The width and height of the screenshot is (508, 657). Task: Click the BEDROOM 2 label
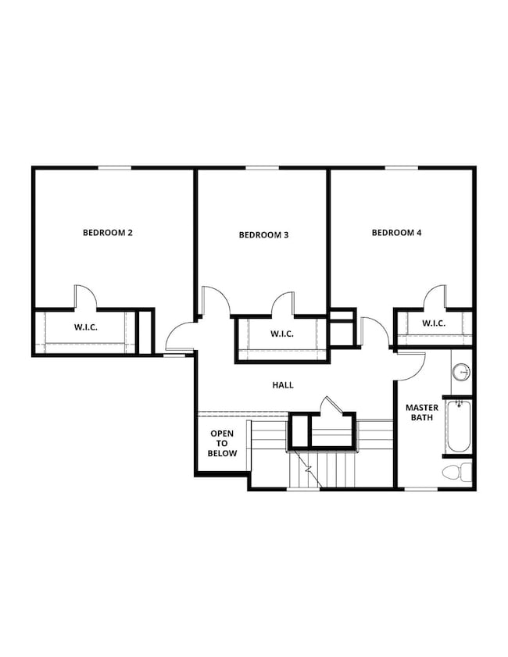pos(108,232)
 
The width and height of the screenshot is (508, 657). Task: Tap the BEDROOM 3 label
pos(263,234)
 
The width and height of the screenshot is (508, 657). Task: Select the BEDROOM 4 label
pos(396,232)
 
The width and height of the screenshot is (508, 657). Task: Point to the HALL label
pos(283,385)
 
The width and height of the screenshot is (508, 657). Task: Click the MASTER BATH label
pos(421,412)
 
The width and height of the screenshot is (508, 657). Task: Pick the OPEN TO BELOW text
pos(223,443)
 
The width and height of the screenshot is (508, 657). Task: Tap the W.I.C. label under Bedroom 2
pos(86,327)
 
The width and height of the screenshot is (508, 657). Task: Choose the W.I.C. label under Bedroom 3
pos(281,334)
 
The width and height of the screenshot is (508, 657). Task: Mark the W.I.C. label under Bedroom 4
pos(433,323)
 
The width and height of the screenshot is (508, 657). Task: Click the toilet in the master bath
pos(457,471)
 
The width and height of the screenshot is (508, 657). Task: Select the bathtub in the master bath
pos(459,427)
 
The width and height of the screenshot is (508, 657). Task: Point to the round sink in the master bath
pos(462,372)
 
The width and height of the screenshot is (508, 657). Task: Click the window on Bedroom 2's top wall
pos(114,167)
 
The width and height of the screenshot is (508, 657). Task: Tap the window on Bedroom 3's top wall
pos(262,167)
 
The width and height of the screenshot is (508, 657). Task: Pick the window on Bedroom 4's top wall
pos(400,167)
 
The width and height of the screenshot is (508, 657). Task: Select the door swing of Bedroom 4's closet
pos(435,298)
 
